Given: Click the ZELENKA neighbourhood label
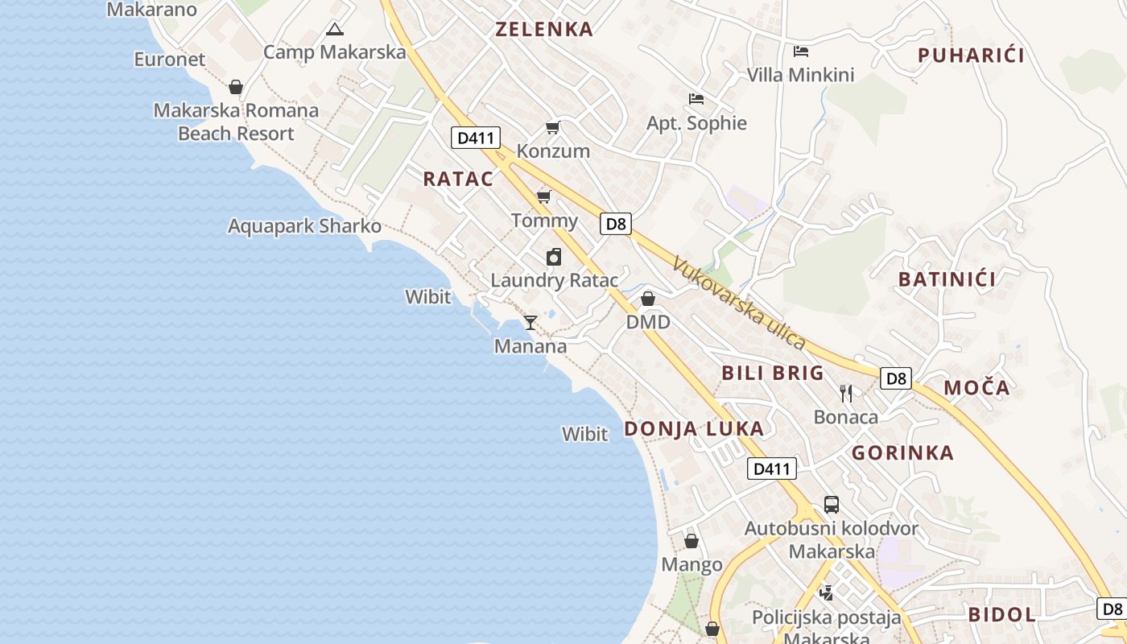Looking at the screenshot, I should pyautogui.click(x=544, y=30).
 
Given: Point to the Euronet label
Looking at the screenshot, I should pyautogui.click(x=170, y=60).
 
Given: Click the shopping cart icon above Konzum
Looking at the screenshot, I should pyautogui.click(x=552, y=127).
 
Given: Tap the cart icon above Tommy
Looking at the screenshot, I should pyautogui.click(x=543, y=196).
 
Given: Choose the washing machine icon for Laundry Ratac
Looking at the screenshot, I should pyautogui.click(x=553, y=257).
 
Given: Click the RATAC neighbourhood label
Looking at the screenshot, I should pyautogui.click(x=458, y=179).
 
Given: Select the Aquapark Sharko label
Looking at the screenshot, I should pyautogui.click(x=304, y=226).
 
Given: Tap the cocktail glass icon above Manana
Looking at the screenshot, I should pyautogui.click(x=530, y=323).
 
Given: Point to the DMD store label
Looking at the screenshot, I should pyautogui.click(x=648, y=323).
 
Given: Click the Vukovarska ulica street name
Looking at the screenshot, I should pyautogui.click(x=739, y=303).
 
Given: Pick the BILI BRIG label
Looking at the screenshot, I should pyautogui.click(x=773, y=373).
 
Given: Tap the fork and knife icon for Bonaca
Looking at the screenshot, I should pyautogui.click(x=845, y=394).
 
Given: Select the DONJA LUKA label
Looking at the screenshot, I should pyautogui.click(x=694, y=429).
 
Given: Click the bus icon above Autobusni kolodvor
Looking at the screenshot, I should pyautogui.click(x=832, y=505).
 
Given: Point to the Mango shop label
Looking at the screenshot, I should pyautogui.click(x=691, y=565).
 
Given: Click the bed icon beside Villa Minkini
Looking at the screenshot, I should pyautogui.click(x=800, y=52).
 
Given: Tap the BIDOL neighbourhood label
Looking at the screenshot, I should pyautogui.click(x=1001, y=615).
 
